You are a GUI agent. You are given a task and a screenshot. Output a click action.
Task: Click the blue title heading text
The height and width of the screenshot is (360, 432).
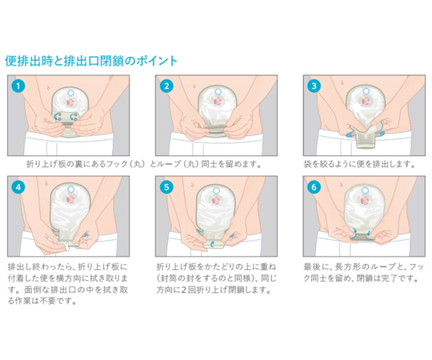coord(91,61)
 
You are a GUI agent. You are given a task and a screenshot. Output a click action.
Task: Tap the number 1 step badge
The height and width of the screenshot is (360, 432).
coord(18,86)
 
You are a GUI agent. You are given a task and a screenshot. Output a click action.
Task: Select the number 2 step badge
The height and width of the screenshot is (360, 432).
coord(166,86)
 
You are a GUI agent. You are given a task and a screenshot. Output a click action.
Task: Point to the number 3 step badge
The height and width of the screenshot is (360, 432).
coord(314,86)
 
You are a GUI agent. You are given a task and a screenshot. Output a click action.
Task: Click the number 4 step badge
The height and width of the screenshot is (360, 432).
coord(18,187)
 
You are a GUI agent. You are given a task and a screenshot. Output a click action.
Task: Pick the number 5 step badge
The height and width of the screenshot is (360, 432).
coord(166,187)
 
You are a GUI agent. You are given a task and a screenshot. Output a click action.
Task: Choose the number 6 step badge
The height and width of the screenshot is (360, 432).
coord(314,187)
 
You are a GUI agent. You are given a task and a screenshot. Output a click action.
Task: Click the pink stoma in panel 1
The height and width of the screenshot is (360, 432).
coord(71,102)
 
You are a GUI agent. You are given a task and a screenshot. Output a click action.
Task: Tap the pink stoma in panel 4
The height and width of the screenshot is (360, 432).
coord(71,199)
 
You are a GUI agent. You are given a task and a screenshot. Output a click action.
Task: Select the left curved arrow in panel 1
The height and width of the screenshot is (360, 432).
coord(58,116)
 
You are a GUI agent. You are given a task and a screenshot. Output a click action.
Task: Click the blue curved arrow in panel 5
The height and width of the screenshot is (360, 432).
coord(212,244)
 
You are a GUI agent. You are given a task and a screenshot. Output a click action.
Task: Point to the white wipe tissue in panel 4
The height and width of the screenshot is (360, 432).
coord(63,245)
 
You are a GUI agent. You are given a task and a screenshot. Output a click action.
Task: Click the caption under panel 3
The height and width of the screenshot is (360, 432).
coord(359,165)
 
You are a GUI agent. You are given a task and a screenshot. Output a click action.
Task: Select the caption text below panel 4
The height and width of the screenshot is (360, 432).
coord(68,284)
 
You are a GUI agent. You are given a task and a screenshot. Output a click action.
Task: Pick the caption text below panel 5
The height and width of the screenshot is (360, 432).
coord(216,278)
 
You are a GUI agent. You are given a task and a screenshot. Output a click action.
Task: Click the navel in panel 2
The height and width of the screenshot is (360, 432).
coord(195,86)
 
